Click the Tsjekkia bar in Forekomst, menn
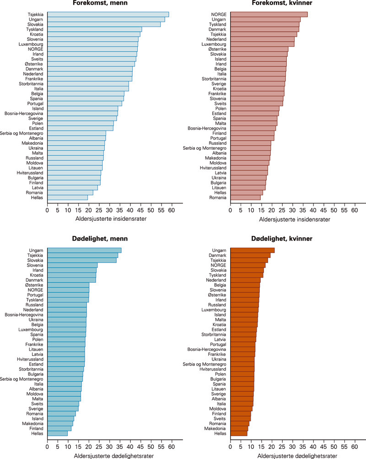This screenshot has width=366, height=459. click(108, 14)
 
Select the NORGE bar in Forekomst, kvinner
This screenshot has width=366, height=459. click(269, 14)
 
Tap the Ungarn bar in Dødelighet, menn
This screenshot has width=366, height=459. click(84, 250)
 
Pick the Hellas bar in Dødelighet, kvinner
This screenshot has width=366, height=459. click(239, 433)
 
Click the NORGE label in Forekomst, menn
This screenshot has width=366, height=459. click(35, 49)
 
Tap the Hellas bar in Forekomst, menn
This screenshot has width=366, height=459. click(67, 197)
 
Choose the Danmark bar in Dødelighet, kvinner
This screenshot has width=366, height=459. click(250, 255)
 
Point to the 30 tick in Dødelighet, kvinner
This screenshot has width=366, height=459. click(292, 446)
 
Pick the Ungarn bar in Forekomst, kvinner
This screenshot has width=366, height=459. click(265, 19)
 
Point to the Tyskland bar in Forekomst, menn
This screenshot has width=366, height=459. click(94, 29)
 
